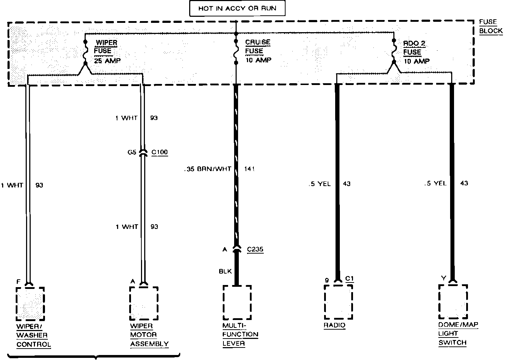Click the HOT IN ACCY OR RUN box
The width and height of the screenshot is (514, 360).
click(x=237, y=8)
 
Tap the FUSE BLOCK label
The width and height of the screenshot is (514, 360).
click(x=490, y=26)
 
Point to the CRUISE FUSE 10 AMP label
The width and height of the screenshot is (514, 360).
click(x=258, y=51)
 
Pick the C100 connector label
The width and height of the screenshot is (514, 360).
click(x=160, y=152)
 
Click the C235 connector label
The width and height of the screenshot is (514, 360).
click(x=255, y=249)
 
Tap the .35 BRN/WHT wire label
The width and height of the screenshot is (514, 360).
click(x=208, y=169)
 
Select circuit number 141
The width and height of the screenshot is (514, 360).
click(x=250, y=169)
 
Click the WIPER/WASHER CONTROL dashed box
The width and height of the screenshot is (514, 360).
click(x=30, y=304)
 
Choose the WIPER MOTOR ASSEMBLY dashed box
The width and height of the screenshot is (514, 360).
click(x=143, y=304)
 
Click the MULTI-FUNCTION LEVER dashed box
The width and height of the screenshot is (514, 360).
click(x=237, y=302)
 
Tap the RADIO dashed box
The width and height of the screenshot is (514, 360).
click(x=338, y=302)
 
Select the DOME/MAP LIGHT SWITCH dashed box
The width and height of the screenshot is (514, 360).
click(x=453, y=302)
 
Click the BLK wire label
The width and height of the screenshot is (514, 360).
click(x=225, y=271)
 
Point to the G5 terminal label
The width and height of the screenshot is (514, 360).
click(x=132, y=152)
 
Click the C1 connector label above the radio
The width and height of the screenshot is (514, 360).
click(x=349, y=279)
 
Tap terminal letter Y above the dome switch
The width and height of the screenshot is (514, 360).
click(x=443, y=278)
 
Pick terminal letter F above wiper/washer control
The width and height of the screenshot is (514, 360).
click(x=19, y=282)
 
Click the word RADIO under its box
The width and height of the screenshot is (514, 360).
click(x=334, y=325)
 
